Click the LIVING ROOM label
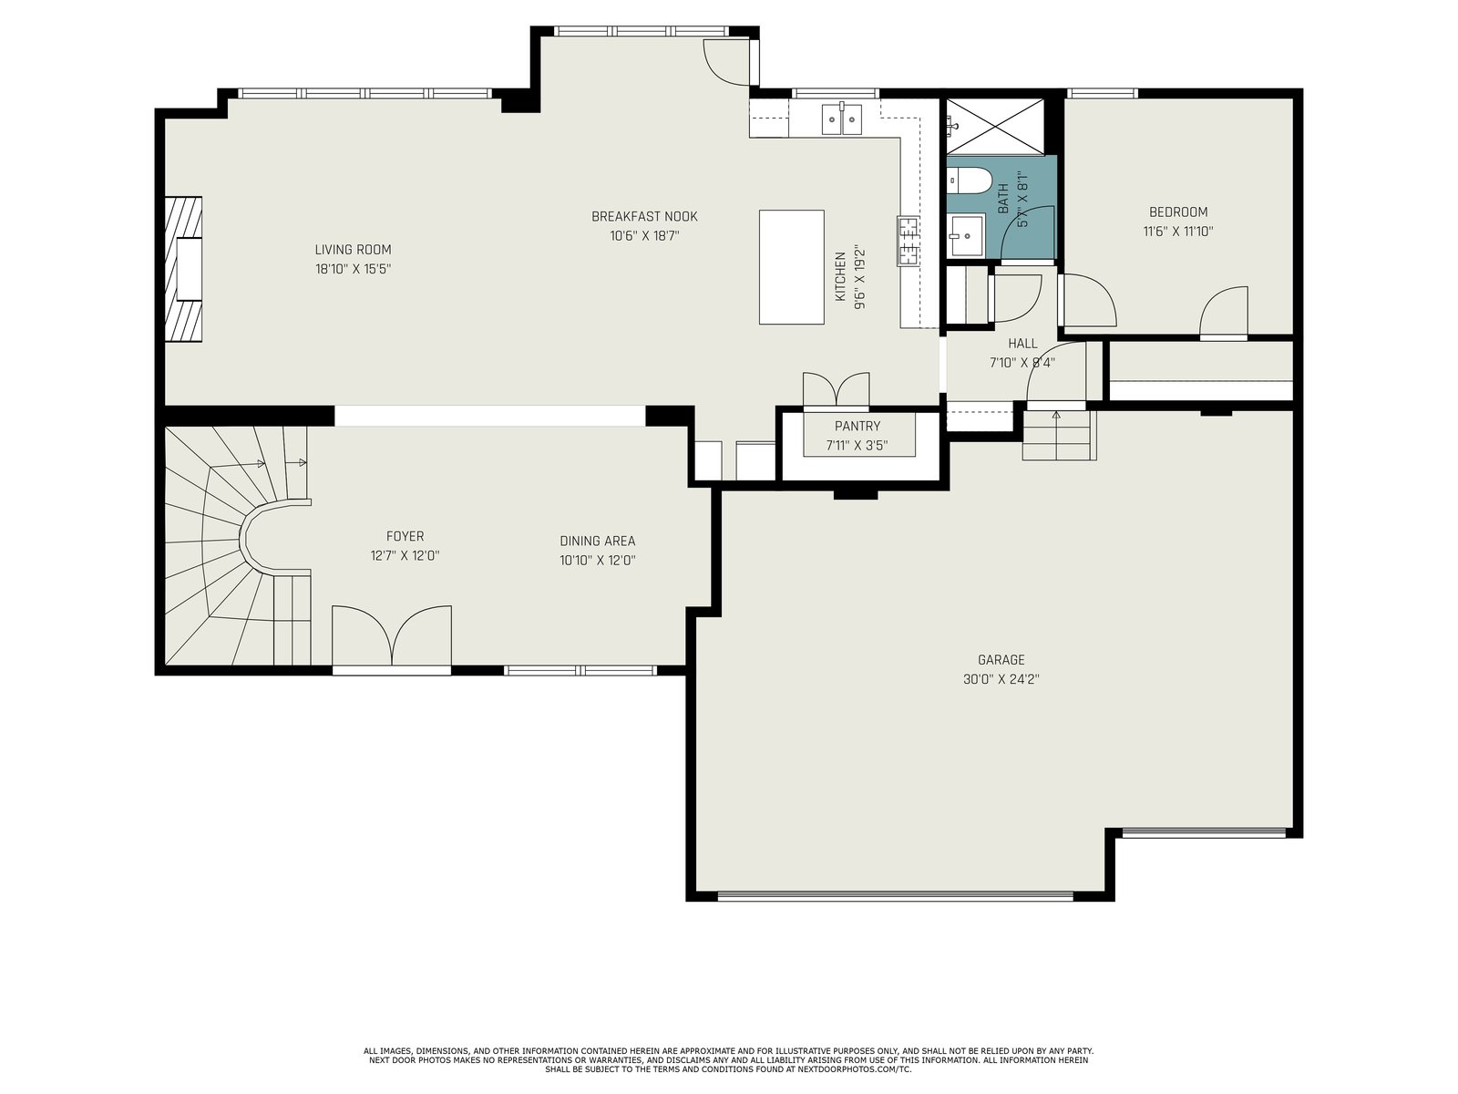tap(353, 250)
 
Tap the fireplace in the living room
tap(183, 269)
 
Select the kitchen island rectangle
tap(791, 267)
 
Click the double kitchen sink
tap(842, 119)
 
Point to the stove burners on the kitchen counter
tap(908, 241)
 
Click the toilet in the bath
tap(970, 179)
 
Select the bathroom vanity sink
tap(967, 235)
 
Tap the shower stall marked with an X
tap(995, 126)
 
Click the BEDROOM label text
tap(1178, 212)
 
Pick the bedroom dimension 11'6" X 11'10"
tap(1178, 232)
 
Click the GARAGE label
tap(1001, 659)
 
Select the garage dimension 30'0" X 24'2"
tap(1001, 679)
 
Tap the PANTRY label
tap(857, 426)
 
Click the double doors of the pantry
tap(836, 390)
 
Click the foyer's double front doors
tap(392, 636)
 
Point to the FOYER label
tap(405, 536)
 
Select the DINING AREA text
tap(597, 541)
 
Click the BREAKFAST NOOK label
tap(644, 217)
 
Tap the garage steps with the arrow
tap(1059, 435)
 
